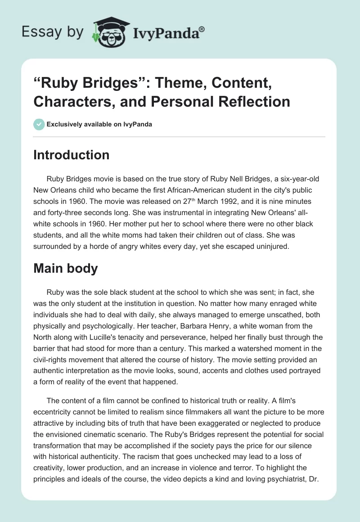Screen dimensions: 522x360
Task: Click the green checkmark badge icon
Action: coord(39,124)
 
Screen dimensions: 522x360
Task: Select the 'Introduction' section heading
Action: coord(72,155)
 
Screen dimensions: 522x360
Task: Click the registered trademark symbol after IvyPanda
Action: coord(202,29)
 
